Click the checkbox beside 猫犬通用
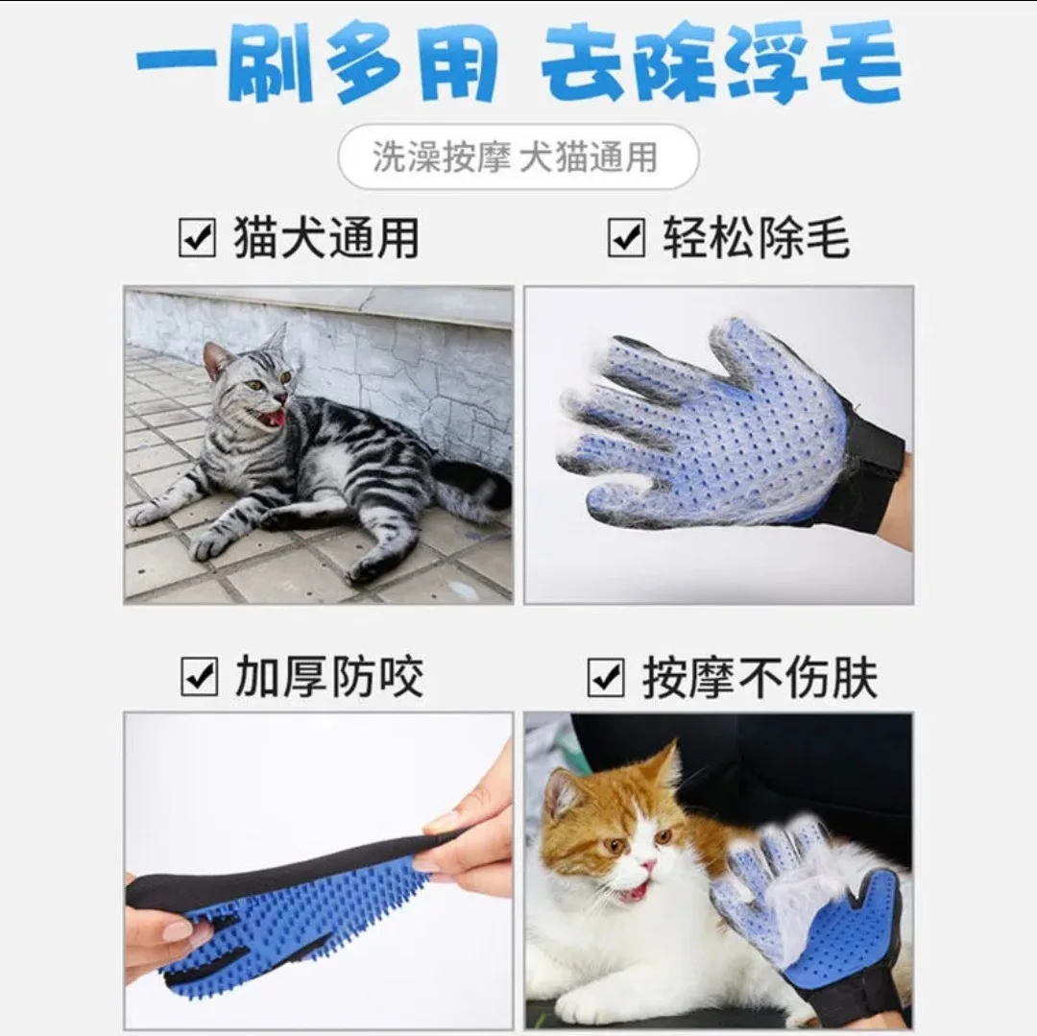pos(198,238)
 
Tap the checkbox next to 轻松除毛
pos(626,238)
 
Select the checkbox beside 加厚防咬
pos(200,677)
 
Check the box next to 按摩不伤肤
pos(607,678)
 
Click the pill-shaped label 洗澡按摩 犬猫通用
pos(518,157)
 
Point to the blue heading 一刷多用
pos(317,64)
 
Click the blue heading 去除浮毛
pos(720,64)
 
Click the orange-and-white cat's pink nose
pos(649,866)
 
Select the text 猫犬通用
pos(326,238)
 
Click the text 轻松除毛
pos(756,238)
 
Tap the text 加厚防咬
pos(328,677)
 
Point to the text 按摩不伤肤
pos(760,678)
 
